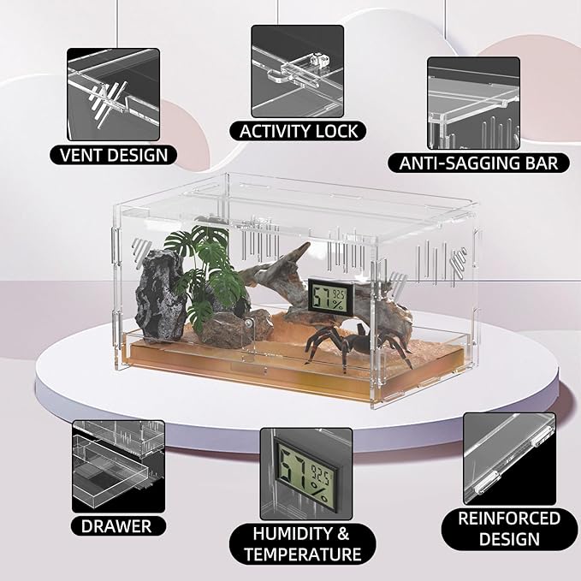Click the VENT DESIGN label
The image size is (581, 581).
coord(114,155)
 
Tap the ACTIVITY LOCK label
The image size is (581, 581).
coord(299,131)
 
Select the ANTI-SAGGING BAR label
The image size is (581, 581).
coord(478,163)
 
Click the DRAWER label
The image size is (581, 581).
coord(116,525)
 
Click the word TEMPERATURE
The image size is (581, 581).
coord(303,554)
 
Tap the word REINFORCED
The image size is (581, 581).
coord(509,519)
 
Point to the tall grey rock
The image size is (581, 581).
coord(160,294)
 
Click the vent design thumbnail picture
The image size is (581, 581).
coord(114,94)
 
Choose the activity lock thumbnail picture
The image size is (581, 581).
coord(298,71)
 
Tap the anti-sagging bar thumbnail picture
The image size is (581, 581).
coord(473,103)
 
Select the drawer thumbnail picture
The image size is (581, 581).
coord(119,466)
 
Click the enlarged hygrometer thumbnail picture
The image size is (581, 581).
coord(306,474)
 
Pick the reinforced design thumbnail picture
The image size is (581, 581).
coord(509,459)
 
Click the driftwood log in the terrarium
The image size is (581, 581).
coord(326,293)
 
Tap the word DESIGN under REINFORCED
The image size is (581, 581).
coord(509,539)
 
